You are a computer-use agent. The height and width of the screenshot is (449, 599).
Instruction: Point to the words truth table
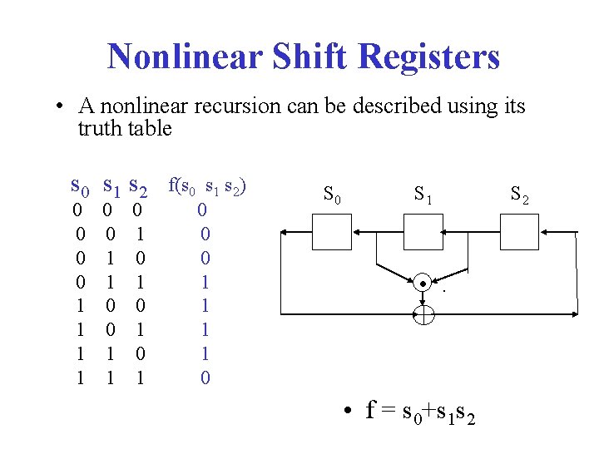point(125,129)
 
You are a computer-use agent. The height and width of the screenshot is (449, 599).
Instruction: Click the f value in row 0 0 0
point(202,210)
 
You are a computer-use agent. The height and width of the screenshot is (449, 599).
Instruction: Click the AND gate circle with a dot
point(423,284)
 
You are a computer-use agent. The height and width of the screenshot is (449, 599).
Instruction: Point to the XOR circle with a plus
point(423,314)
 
